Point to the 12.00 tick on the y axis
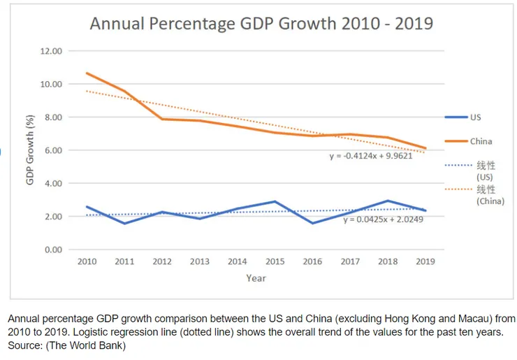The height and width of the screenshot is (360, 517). tap(52, 51)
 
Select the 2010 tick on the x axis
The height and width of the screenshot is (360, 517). tap(87, 261)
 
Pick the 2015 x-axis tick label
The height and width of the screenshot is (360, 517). tap(275, 261)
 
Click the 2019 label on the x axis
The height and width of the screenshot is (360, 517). tap(425, 261)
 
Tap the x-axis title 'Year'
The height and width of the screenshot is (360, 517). tap(255, 278)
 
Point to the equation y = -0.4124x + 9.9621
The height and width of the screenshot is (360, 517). tap(371, 156)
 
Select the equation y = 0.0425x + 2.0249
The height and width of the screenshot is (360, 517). tap(384, 219)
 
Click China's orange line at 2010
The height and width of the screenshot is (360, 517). tap(87, 73)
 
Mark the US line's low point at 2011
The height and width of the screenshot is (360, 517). tap(124, 224)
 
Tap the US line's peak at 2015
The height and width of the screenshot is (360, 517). tap(275, 201)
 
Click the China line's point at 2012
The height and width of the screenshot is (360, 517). tap(162, 119)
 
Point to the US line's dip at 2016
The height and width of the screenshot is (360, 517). tap(312, 223)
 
